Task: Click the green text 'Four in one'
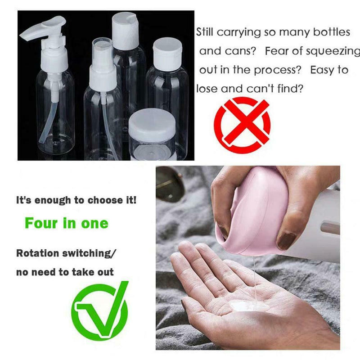point(67,223)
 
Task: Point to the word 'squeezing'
point(333,51)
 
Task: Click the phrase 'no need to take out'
point(65,272)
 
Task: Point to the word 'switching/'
point(88,253)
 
